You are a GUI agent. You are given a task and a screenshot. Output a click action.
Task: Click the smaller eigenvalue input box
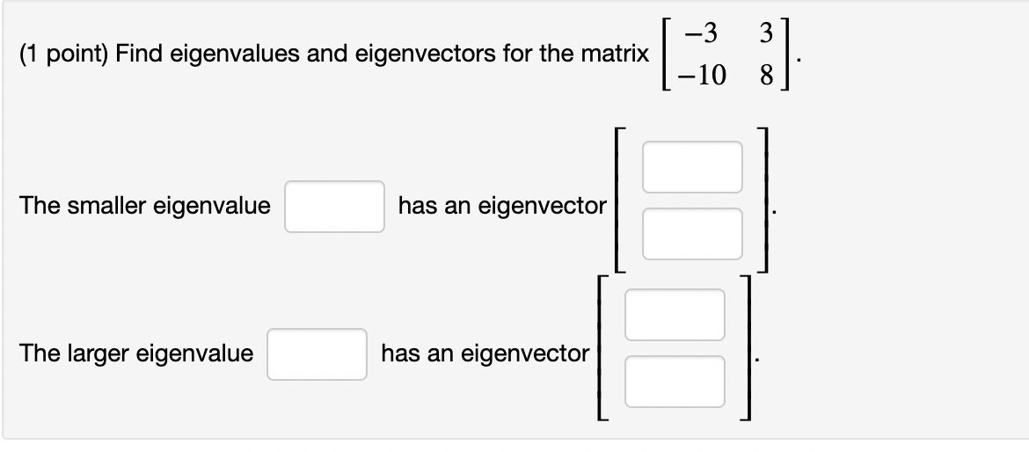click(334, 207)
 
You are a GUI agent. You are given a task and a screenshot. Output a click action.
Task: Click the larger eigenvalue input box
click(317, 354)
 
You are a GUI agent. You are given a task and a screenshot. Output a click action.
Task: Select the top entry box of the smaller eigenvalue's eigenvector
click(692, 167)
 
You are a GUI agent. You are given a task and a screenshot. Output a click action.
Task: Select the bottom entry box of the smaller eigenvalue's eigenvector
click(692, 234)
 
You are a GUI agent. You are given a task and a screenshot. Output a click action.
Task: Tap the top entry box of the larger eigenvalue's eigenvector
click(675, 315)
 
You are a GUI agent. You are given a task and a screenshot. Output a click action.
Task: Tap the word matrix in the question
click(612, 55)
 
